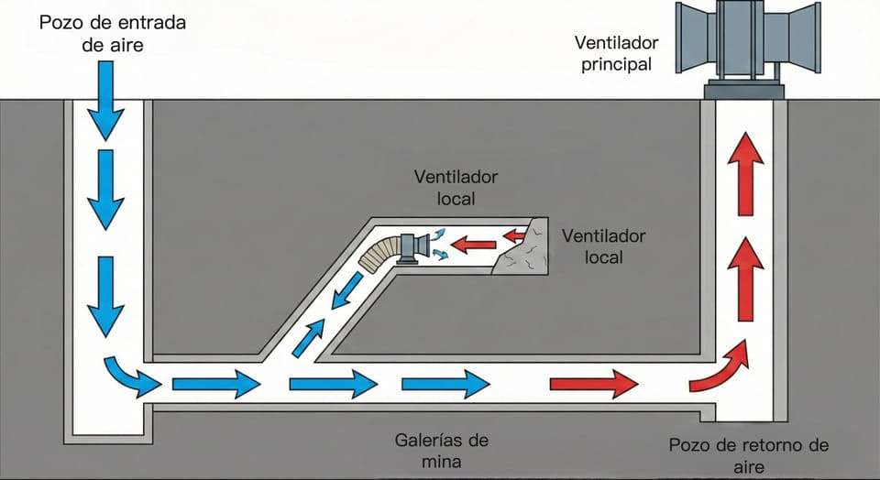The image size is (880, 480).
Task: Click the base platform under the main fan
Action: pyautogui.click(x=745, y=91)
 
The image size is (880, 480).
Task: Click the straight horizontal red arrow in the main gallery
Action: pyautogui.click(x=593, y=383)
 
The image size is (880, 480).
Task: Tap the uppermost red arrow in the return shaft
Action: pyautogui.click(x=745, y=171)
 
